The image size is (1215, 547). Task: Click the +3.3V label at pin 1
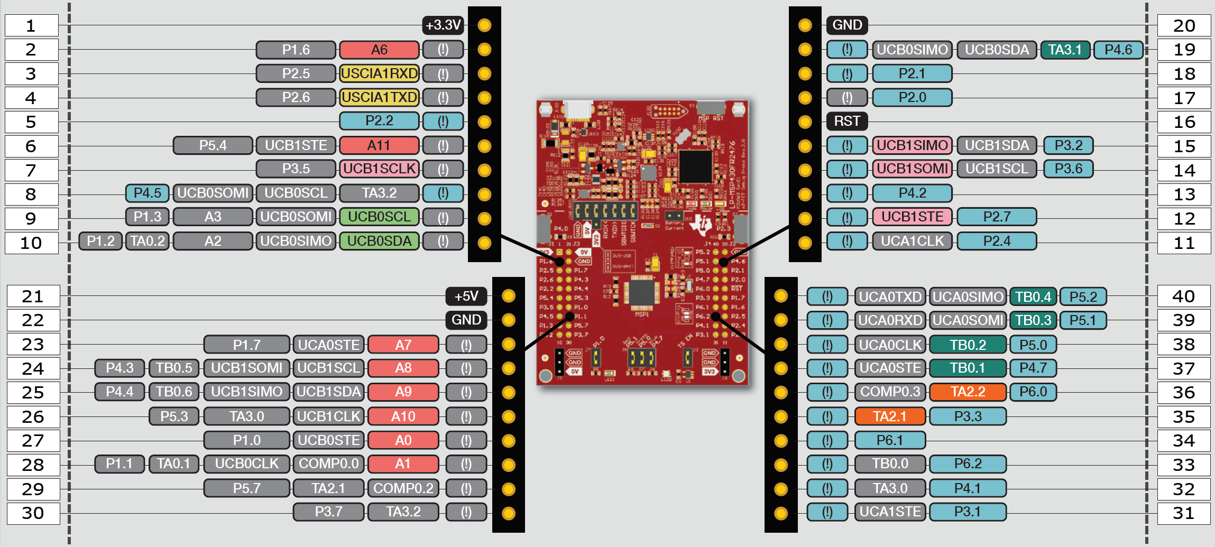[443, 25]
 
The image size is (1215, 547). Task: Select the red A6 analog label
[379, 50]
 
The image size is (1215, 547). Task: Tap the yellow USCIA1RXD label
[379, 73]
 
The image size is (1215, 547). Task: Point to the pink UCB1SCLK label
[379, 169]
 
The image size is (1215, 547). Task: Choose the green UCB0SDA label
[379, 241]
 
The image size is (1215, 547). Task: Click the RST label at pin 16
[847, 121]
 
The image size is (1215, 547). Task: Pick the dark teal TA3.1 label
[1065, 50]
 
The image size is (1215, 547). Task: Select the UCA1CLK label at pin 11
[912, 241]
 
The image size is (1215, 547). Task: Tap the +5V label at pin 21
[466, 296]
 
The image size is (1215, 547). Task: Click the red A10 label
[403, 416]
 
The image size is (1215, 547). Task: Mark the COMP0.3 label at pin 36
[890, 392]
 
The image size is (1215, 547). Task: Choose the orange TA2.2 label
[968, 392]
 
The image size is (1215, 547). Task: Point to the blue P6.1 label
[890, 440]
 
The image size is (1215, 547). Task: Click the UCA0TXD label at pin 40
[890, 296]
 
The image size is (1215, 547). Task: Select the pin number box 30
[33, 513]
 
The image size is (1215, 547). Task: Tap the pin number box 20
[1184, 25]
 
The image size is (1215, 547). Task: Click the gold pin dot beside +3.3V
[484, 25]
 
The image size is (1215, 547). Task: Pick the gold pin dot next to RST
[805, 122]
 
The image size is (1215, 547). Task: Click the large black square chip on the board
[695, 166]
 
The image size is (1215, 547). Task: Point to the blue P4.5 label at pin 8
[147, 193]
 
